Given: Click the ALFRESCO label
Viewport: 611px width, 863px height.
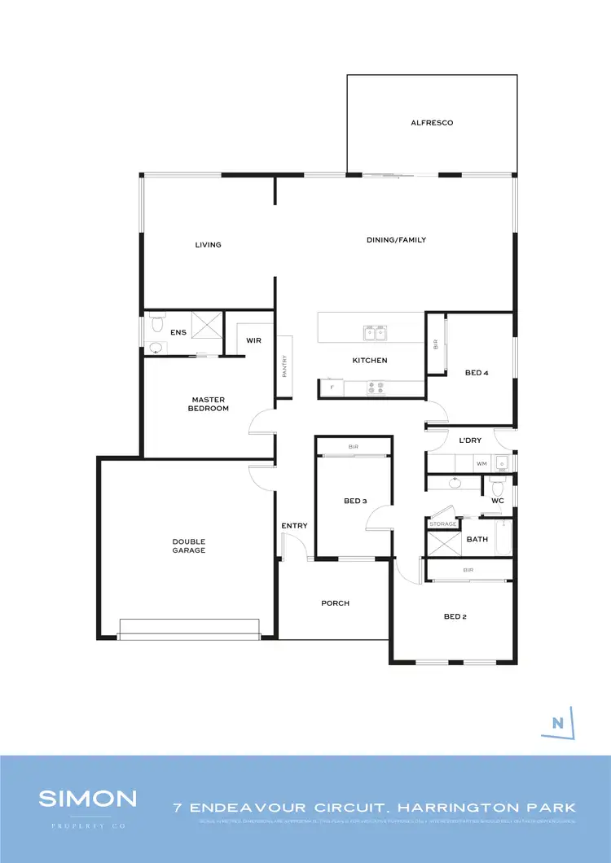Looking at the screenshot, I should point(431,123).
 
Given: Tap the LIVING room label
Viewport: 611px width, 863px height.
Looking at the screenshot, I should point(208,245).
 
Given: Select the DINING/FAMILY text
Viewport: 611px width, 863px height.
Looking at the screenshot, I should point(395,240).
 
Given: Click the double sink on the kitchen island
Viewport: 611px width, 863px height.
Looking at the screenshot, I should point(376,332).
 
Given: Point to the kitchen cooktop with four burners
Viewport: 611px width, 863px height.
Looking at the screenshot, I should point(377,388).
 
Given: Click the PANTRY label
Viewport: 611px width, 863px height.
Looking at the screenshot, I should point(284,366).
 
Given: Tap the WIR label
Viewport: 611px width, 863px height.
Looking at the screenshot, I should point(253,340).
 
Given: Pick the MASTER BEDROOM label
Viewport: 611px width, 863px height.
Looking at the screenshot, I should point(209,404).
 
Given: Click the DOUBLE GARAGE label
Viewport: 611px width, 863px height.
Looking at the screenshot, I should point(188,546).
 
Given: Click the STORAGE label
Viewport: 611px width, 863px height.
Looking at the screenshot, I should point(442,524).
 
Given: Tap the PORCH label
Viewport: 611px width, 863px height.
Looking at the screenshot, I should point(335,603).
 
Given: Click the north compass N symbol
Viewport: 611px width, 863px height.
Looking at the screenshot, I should point(558,722).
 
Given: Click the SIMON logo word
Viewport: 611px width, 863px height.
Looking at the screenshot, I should point(87,798).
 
